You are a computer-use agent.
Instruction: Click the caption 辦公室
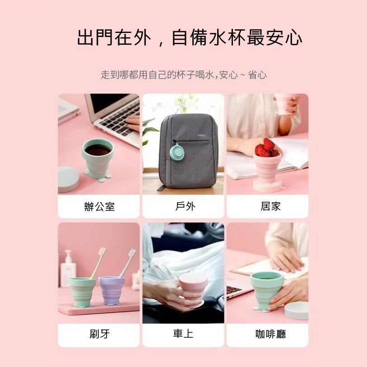(99, 207)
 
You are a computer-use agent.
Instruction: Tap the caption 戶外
(185, 206)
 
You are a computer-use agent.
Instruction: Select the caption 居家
(270, 206)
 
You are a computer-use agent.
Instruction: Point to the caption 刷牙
(99, 334)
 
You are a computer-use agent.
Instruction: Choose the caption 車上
(183, 334)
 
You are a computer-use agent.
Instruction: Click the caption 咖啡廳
(270, 334)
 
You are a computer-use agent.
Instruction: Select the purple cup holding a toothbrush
(111, 290)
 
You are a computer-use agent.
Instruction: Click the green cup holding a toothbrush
(82, 292)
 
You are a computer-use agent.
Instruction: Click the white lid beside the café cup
(296, 311)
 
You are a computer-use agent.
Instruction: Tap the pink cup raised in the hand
(283, 104)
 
